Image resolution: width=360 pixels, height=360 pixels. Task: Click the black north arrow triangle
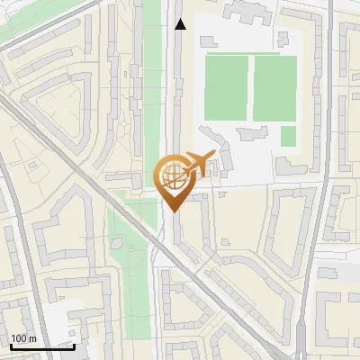180,24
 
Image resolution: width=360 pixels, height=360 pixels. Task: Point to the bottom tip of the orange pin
171,210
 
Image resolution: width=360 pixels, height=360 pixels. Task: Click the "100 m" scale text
23,338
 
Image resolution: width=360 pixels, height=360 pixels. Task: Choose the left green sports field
225,87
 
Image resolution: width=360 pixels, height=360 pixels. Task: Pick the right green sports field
274,87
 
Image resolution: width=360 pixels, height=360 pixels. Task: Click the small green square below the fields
288,136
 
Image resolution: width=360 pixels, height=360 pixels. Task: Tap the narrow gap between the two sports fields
249,87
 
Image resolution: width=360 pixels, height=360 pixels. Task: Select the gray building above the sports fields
243,13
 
